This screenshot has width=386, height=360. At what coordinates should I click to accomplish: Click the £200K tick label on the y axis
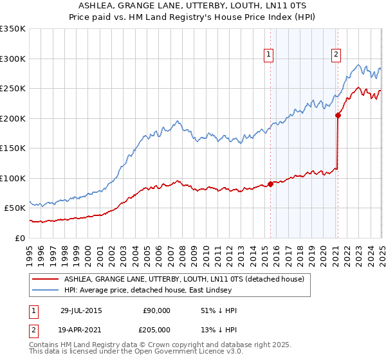[x=12, y=118]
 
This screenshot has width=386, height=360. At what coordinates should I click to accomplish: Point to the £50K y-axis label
[x=14, y=208]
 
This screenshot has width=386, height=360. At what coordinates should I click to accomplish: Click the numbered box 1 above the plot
[x=268, y=55]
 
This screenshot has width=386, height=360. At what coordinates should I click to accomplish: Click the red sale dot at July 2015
[x=270, y=184]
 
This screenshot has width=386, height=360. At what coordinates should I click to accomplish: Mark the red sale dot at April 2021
[x=338, y=116]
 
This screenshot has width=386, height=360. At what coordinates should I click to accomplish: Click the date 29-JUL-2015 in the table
[x=81, y=310]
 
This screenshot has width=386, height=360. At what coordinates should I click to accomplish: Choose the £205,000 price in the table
[x=156, y=329]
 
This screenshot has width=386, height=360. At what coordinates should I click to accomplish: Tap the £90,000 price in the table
[x=156, y=310]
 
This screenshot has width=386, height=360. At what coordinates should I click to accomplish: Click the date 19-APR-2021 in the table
[x=81, y=329]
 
